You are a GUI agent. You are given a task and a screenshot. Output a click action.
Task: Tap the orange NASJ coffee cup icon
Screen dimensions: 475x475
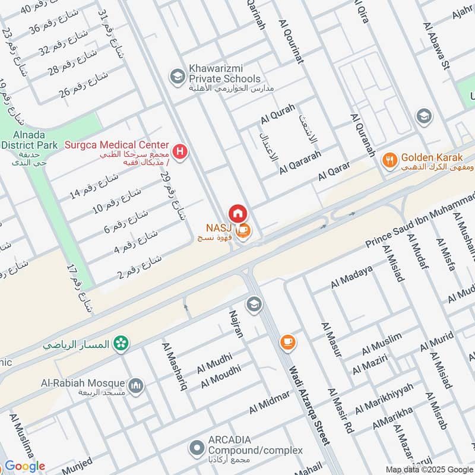pyautogui.click(x=243, y=232)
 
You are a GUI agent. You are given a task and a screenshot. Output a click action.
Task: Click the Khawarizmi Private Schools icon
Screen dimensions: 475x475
pyautogui.click(x=176, y=76)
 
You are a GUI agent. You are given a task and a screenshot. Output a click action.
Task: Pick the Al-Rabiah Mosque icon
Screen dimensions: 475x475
pyautogui.click(x=137, y=387)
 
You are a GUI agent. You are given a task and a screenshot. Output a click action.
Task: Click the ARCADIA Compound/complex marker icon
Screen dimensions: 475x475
pyautogui.click(x=196, y=446)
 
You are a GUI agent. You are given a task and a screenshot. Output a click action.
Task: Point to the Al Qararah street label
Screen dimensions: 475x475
pyautogui.click(x=300, y=162)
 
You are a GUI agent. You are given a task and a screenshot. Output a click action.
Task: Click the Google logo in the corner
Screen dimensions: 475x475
pyautogui.click(x=24, y=466)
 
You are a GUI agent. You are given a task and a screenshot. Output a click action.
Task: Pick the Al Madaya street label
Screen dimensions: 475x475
pyautogui.click(x=351, y=278)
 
